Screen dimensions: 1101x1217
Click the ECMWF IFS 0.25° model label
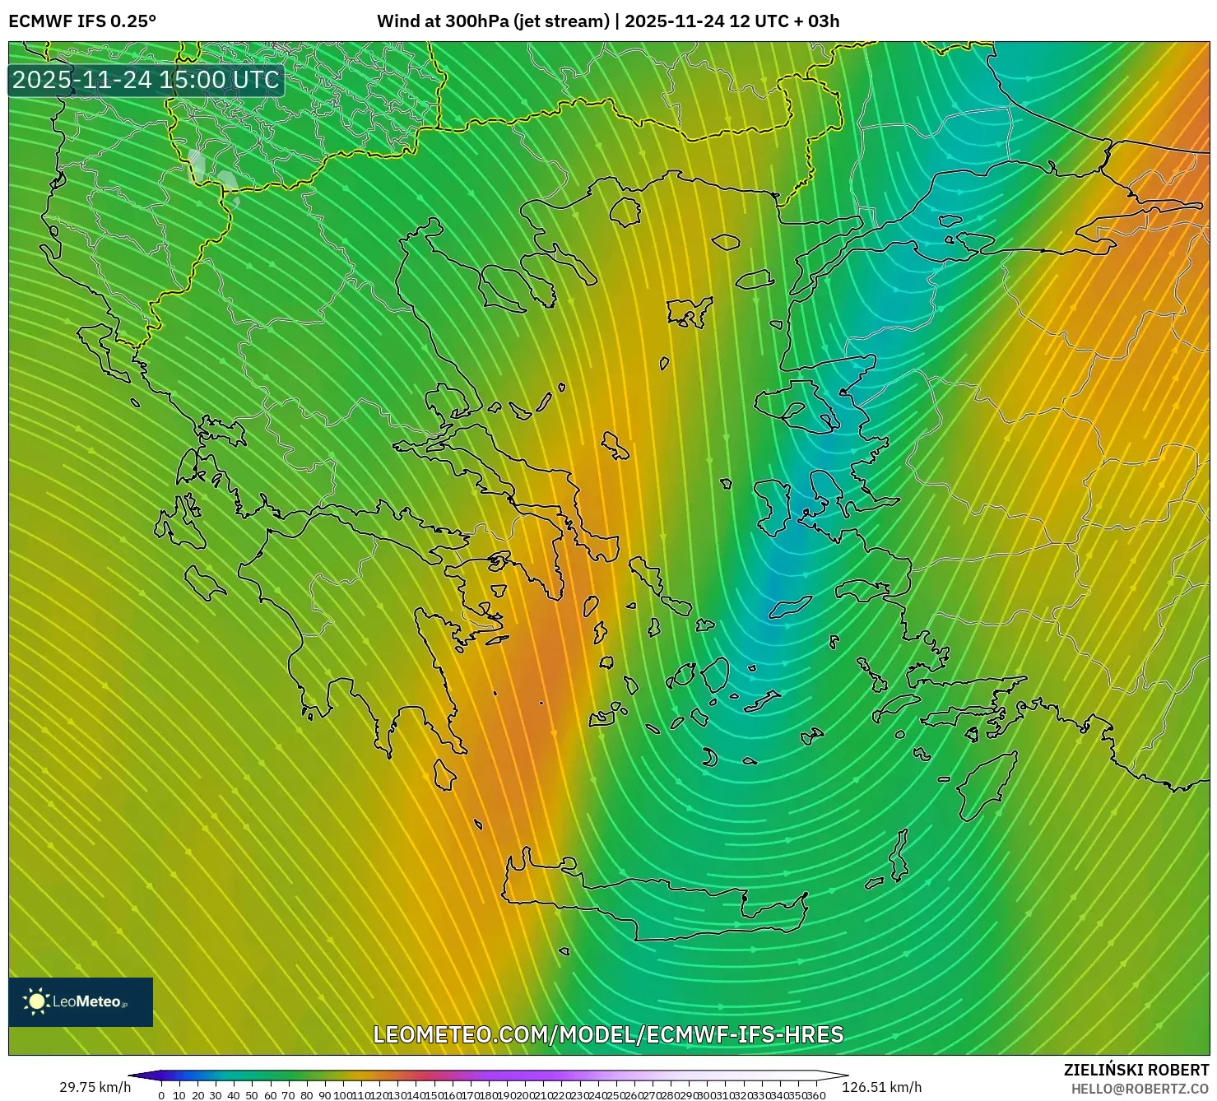click(x=82, y=21)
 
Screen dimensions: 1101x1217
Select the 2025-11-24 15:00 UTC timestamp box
click(x=146, y=80)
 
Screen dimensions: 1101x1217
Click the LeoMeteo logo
click(x=80, y=1001)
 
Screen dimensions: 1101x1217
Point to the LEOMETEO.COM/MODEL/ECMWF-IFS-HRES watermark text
click(x=608, y=1034)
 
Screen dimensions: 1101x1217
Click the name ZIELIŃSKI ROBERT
click(x=1136, y=1070)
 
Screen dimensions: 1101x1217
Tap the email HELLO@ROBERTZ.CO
click(x=1140, y=1089)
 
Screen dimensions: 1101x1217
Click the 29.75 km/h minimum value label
click(x=95, y=1087)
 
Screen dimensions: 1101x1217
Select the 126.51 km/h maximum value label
click(x=881, y=1087)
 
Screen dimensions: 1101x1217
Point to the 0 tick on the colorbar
click(x=161, y=1095)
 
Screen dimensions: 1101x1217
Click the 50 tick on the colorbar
click(x=252, y=1095)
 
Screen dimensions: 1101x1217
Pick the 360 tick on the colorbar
click(x=815, y=1095)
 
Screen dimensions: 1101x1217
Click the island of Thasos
click(x=625, y=211)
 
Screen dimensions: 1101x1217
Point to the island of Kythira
click(x=445, y=774)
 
